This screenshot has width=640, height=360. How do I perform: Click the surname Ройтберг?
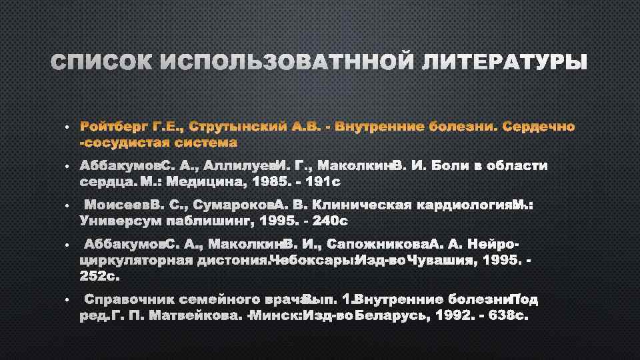click(x=113, y=127)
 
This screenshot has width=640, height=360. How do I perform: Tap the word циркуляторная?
click(x=137, y=259)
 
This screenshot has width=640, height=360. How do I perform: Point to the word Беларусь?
click(x=393, y=315)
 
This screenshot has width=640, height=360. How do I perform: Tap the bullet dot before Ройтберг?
click(x=67, y=127)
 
